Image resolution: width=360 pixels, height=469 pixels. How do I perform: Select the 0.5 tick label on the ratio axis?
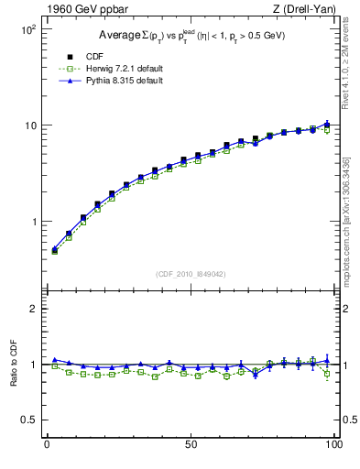pos(27,420)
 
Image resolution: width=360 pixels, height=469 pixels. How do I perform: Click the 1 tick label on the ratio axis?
pos(32,365)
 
